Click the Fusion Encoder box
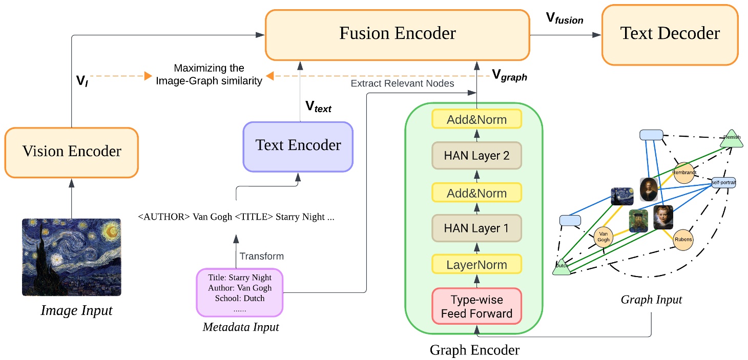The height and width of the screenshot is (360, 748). (397, 34)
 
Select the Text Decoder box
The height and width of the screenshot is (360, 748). (670, 34)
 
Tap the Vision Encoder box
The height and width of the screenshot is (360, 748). (72, 152)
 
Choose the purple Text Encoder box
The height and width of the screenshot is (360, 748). (298, 145)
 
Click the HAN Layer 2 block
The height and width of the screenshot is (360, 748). (476, 156)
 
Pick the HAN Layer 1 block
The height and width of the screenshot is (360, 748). (476, 228)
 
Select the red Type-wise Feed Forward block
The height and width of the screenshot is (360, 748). (476, 306)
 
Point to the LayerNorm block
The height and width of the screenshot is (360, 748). (476, 265)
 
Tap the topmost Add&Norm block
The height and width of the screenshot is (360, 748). (476, 120)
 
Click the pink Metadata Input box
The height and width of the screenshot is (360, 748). (240, 292)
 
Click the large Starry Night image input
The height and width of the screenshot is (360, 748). (71, 257)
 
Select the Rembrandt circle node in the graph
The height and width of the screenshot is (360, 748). (684, 173)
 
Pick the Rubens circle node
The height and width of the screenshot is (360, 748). (683, 240)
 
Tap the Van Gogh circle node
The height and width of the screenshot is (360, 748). (604, 237)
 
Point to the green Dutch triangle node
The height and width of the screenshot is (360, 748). (562, 266)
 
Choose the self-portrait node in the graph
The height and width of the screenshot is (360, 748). (723, 182)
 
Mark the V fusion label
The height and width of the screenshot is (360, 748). (564, 19)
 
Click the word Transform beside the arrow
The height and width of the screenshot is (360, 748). (261, 256)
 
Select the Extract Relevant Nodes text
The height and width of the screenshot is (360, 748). (402, 83)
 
